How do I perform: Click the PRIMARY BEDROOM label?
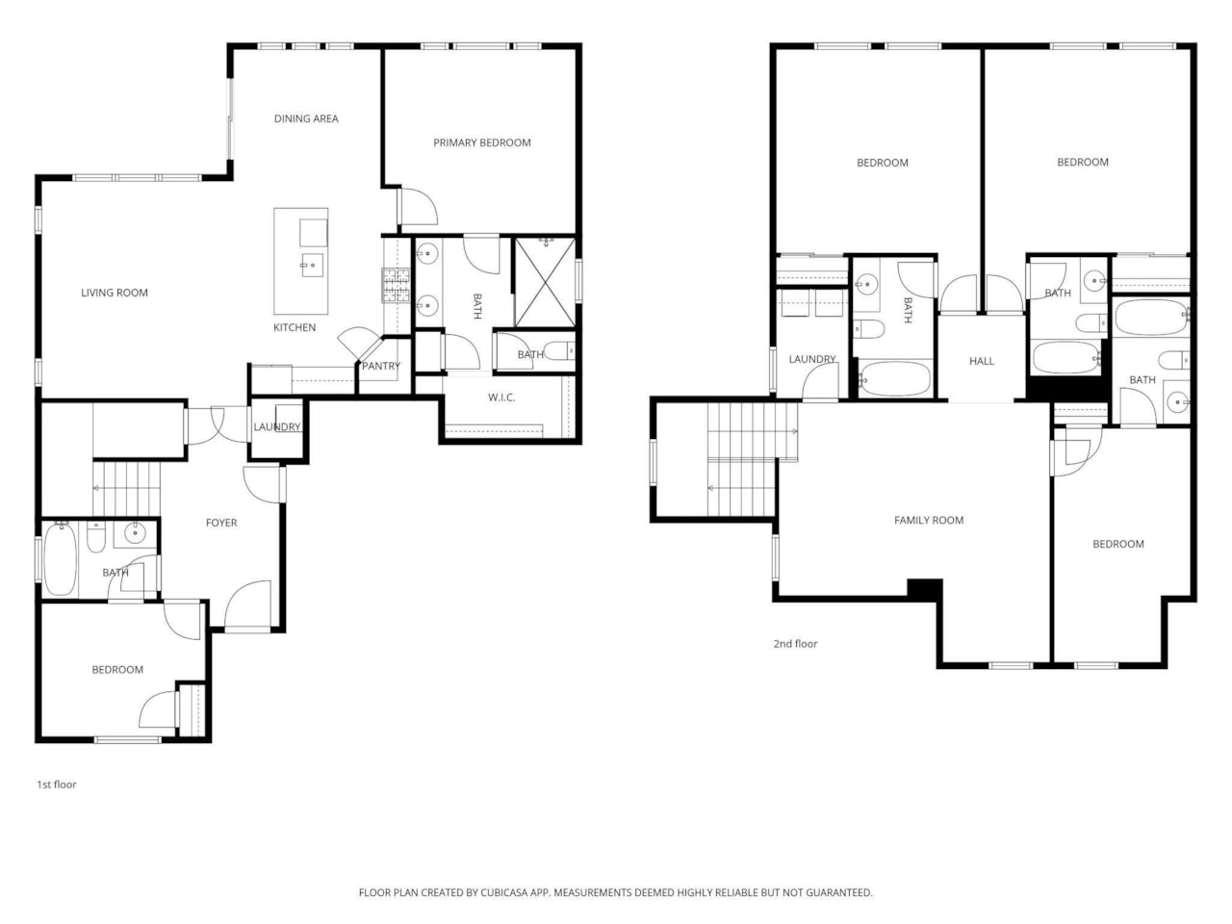pos(481,142)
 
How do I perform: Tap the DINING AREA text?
pos(306,118)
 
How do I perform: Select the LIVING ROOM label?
pos(115,293)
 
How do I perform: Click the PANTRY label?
pos(381,366)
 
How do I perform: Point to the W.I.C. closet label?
pos(501,398)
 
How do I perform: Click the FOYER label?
pos(221,523)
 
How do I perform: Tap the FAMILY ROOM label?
pos(928,521)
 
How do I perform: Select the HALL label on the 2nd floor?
pos(982,361)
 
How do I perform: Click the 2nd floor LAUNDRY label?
pos(812,359)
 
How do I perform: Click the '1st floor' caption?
pos(57,784)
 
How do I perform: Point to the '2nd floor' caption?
pos(795,644)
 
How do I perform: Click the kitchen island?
pos(301,261)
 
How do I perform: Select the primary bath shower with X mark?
pos(545,282)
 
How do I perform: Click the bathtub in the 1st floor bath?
pos(60,559)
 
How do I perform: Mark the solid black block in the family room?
pos(925,588)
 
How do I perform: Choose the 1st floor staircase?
pos(127,489)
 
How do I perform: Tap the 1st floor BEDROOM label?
pos(117,670)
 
